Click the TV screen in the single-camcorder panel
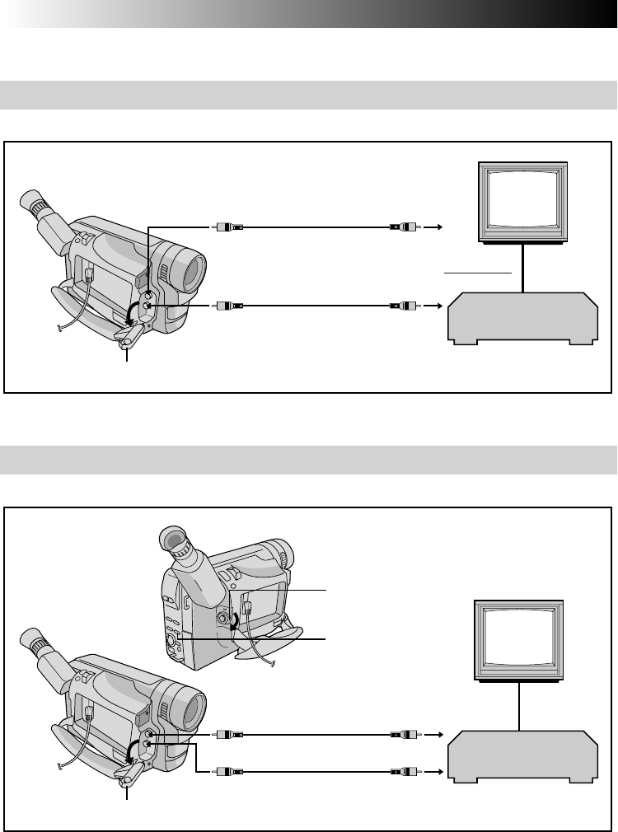pos(523,199)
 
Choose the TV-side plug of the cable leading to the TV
pos(404,226)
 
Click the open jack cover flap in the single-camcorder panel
pos(130,334)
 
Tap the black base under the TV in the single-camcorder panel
pos(523,243)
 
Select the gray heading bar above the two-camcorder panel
pos(309,460)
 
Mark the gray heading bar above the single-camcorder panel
pos(309,95)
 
